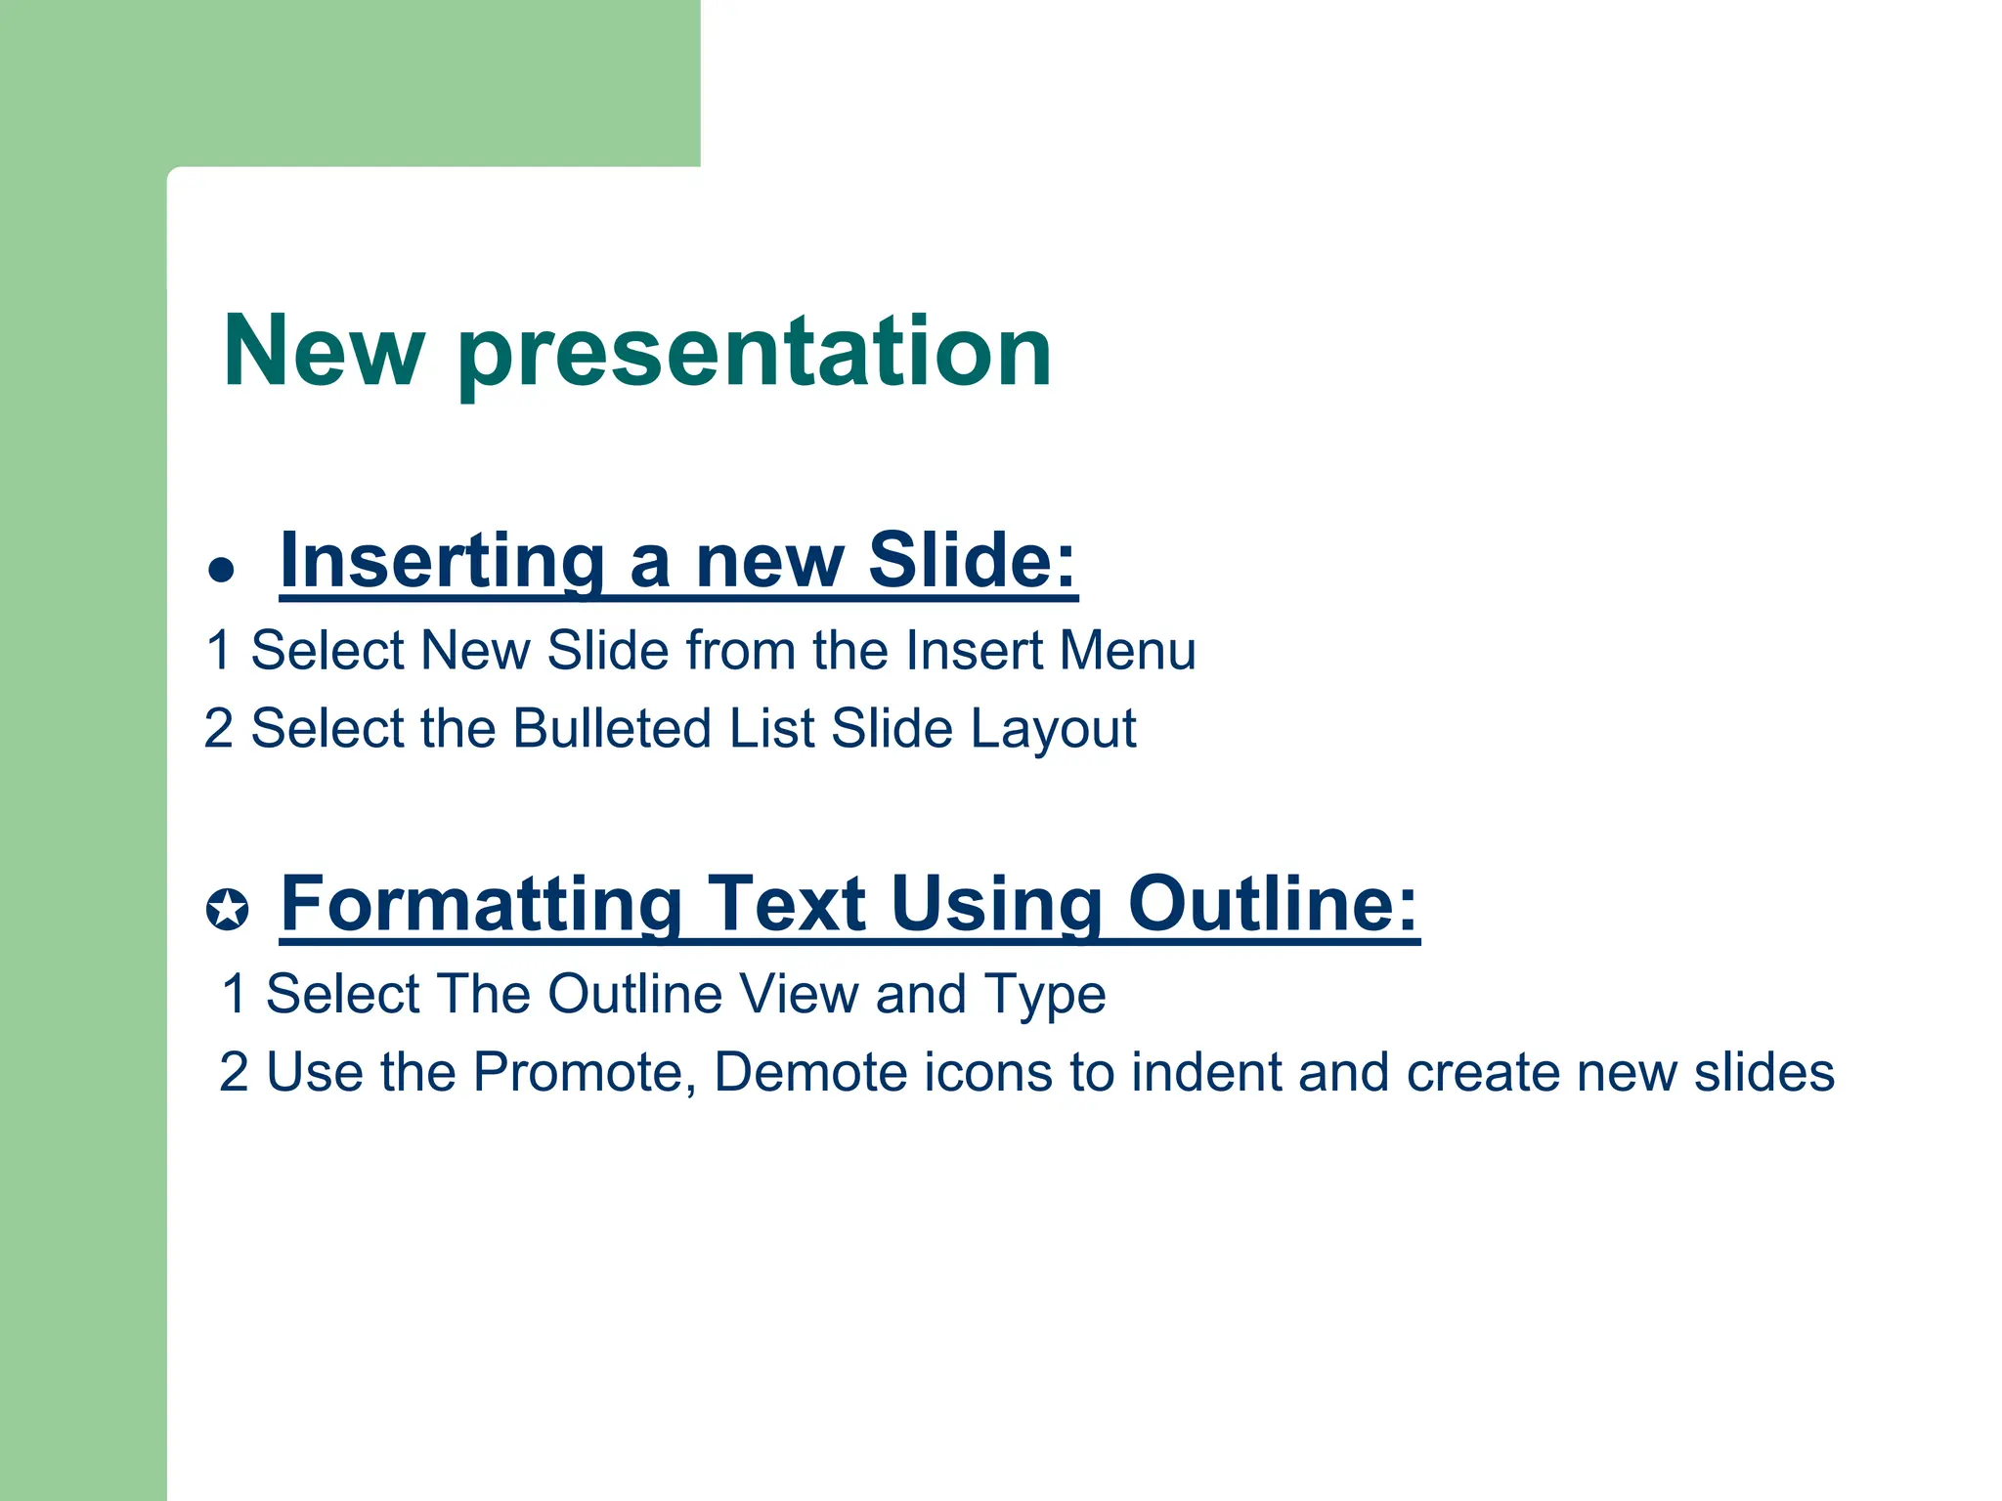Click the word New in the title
324,352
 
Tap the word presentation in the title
754,354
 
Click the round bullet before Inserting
222,569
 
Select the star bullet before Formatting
227,910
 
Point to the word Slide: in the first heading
972,561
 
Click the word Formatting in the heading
481,904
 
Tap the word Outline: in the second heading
1272,904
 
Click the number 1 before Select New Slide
219,651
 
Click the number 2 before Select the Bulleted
219,729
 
